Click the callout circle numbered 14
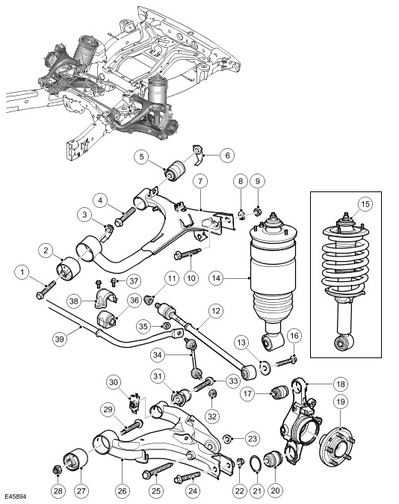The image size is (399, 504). coord(217,277)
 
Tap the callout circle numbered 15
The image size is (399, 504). coord(366,203)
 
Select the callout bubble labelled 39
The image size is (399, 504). coord(60,339)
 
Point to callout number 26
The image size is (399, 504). coord(122,491)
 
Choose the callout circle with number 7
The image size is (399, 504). coord(200,181)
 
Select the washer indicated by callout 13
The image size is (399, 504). coord(265,367)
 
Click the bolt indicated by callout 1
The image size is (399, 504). coord(46,289)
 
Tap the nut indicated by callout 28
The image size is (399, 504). coord(58,470)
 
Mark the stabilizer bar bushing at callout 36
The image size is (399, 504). coord(106,318)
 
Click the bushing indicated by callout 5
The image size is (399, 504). coord(175,170)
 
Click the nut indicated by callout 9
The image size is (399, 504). coord(257,211)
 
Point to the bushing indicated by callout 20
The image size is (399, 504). coord(273,461)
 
